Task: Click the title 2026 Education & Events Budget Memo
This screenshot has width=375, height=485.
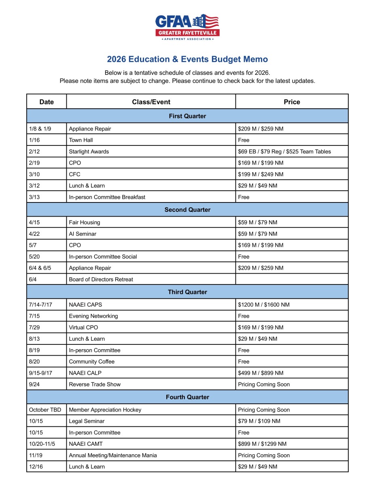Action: click(187, 59)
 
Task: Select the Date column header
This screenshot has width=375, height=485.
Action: click(47, 102)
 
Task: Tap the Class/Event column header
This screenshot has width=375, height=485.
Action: click(151, 102)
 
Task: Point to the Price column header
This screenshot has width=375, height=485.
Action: click(292, 102)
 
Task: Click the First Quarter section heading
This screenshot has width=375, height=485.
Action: click(187, 116)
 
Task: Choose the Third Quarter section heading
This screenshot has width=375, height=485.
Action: click(187, 292)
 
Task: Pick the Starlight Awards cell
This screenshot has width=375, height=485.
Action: click(89, 152)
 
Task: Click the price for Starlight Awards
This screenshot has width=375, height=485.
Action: click(284, 152)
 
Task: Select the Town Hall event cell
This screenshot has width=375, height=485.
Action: click(81, 140)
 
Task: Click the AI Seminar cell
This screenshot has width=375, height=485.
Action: click(83, 234)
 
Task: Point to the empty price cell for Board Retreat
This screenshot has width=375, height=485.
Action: click(292, 279)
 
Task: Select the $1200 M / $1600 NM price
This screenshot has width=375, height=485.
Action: click(264, 305)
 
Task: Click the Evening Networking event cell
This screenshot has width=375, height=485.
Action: click(93, 316)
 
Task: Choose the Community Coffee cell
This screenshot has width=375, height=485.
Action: click(92, 362)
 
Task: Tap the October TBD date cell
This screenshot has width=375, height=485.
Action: click(45, 410)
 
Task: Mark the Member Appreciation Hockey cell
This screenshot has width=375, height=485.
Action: click(105, 410)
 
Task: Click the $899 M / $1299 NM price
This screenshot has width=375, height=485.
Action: click(262, 444)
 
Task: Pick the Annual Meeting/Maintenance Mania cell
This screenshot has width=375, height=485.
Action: click(113, 455)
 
